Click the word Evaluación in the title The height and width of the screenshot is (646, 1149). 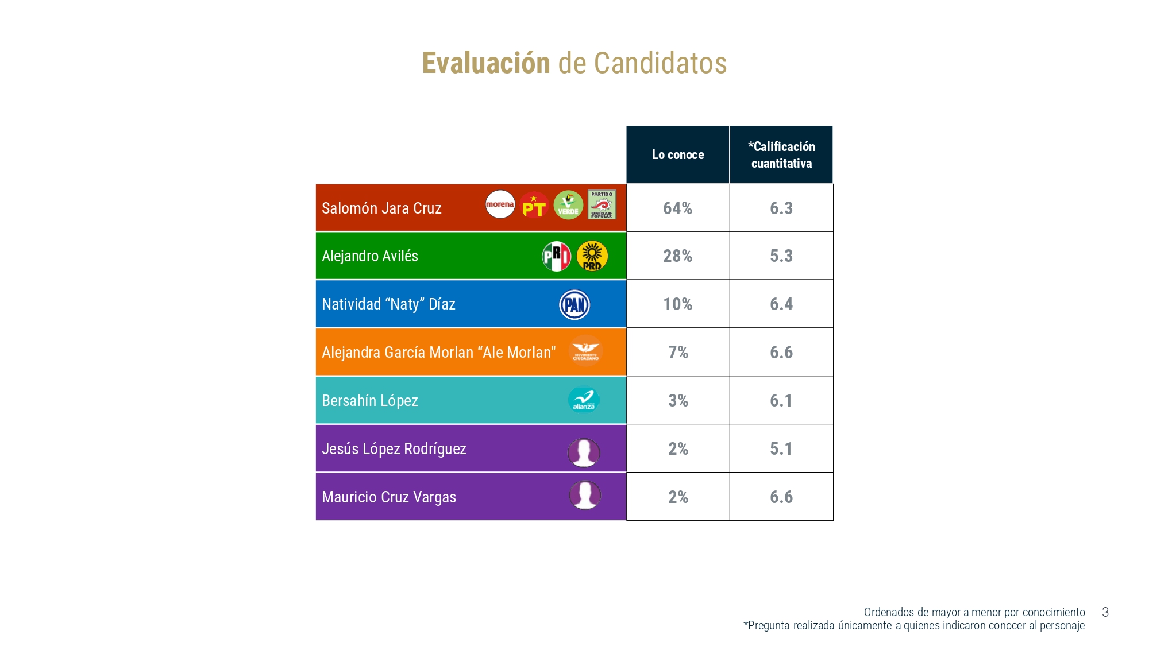click(x=486, y=63)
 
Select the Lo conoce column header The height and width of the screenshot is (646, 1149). click(x=678, y=154)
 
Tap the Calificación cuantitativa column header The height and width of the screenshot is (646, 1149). click(x=781, y=154)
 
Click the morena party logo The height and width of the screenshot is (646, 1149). click(x=500, y=204)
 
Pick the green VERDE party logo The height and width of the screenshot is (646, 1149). click(x=568, y=205)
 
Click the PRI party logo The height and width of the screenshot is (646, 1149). click(x=556, y=256)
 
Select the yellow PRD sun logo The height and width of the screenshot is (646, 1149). click(x=592, y=256)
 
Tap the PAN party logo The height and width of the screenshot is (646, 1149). click(x=574, y=304)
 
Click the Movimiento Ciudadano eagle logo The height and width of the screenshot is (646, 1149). click(x=585, y=351)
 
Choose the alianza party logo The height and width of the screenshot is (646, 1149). click(x=584, y=400)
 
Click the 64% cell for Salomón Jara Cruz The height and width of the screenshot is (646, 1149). click(x=678, y=208)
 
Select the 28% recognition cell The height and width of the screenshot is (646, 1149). click(x=678, y=256)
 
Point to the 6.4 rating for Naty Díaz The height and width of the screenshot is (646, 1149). click(x=781, y=304)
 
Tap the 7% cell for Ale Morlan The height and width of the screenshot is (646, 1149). click(x=678, y=352)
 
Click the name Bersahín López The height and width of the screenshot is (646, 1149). click(x=370, y=401)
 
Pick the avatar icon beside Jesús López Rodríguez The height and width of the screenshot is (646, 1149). click(x=584, y=452)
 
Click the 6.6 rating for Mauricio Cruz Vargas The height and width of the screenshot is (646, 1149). click(x=781, y=497)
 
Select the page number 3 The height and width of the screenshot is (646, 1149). click(x=1105, y=612)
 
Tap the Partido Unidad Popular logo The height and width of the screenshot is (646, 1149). click(x=602, y=204)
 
